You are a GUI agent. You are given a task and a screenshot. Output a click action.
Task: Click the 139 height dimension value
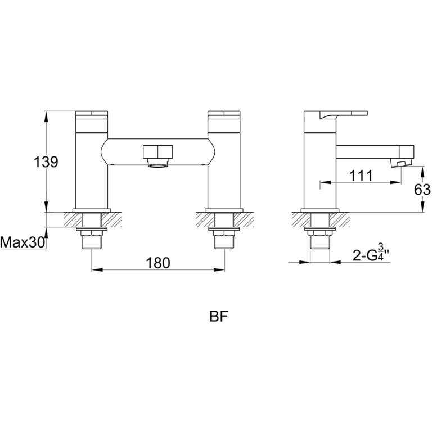(46, 162)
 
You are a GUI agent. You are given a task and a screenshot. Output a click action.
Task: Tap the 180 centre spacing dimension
(158, 263)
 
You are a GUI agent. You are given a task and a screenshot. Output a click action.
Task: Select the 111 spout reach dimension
(361, 175)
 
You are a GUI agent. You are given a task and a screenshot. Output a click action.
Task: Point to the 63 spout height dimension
(422, 190)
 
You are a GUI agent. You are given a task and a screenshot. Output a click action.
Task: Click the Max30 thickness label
(22, 243)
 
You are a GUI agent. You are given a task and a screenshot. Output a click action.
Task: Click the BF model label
(219, 317)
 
